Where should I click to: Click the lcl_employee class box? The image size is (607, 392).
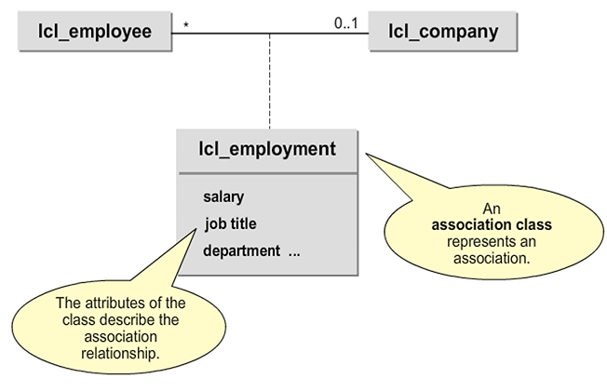[x=94, y=33]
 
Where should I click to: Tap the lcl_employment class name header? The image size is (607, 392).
[x=267, y=148]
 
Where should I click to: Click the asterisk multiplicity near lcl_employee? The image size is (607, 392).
[x=186, y=25]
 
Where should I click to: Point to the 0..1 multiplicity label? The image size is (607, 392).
[x=347, y=22]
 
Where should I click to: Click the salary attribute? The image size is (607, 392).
[x=223, y=196]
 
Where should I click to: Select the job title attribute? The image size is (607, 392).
[x=230, y=223]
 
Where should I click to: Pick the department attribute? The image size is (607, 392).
[x=241, y=250]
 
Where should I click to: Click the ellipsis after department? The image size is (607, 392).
[x=294, y=250]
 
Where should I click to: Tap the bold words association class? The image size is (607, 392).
[x=492, y=224]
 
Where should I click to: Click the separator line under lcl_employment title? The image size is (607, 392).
[x=267, y=173]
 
